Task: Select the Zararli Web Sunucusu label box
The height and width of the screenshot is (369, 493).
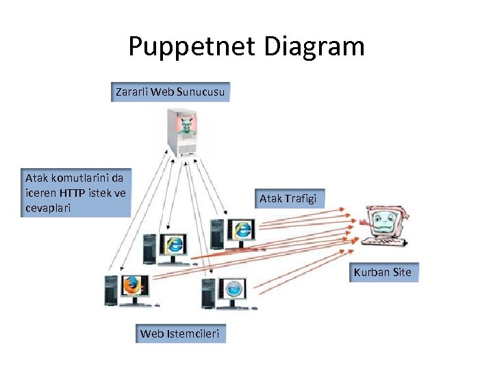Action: point(170,92)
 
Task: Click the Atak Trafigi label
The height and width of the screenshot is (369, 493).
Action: point(287,199)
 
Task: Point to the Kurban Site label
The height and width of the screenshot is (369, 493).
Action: point(383,272)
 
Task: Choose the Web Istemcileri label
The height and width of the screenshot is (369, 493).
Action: point(179,333)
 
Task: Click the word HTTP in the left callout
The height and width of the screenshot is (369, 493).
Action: point(75,193)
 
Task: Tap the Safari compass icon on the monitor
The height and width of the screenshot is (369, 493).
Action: point(233,288)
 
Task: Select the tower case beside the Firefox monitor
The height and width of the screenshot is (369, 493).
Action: point(110,290)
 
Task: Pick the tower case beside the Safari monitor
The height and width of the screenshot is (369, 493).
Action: point(210,293)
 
